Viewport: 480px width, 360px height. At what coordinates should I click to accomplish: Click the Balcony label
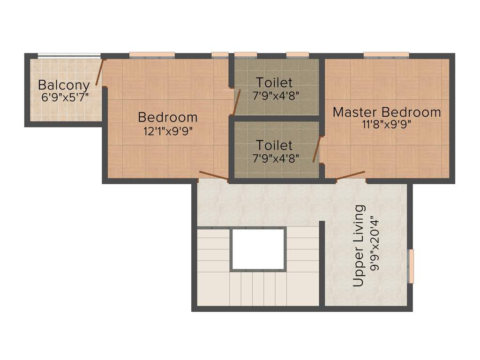coord(64,85)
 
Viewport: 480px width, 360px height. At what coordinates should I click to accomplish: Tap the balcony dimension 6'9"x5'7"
coord(64,97)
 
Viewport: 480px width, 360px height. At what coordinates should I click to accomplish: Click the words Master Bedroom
coord(387,112)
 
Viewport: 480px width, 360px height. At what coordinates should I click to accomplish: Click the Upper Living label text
coord(359,246)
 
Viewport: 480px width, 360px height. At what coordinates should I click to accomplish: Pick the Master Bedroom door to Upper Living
coord(351,175)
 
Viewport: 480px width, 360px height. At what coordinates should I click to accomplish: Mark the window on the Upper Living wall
coord(412,266)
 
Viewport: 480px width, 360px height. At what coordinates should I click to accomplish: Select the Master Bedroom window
coord(386,55)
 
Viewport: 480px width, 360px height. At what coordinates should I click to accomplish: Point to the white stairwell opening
coord(258,249)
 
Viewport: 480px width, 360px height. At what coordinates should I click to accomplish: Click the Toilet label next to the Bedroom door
coord(274,83)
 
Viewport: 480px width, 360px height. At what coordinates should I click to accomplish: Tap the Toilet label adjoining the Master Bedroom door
coord(274,145)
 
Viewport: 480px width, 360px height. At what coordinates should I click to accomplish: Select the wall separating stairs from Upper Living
coord(322,262)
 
